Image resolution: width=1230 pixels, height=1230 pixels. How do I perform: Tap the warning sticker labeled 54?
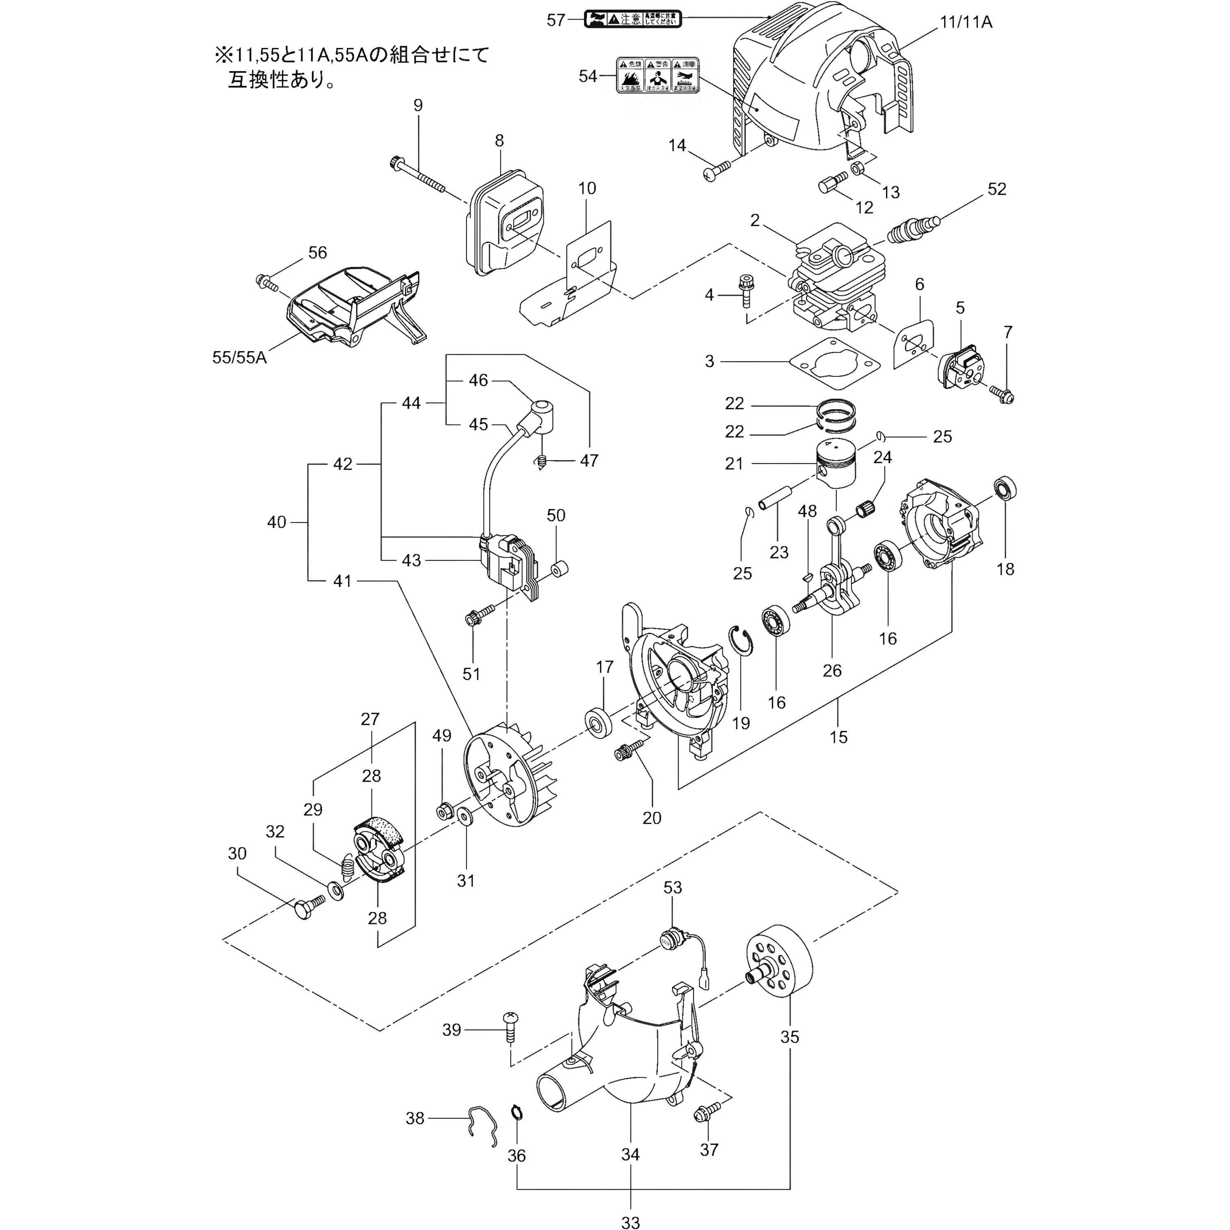click(657, 75)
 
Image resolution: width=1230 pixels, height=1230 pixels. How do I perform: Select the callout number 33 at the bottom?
click(630, 1221)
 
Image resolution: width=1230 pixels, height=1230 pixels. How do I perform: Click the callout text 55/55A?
click(239, 357)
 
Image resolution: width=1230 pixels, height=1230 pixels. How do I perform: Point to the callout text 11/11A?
click(965, 22)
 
